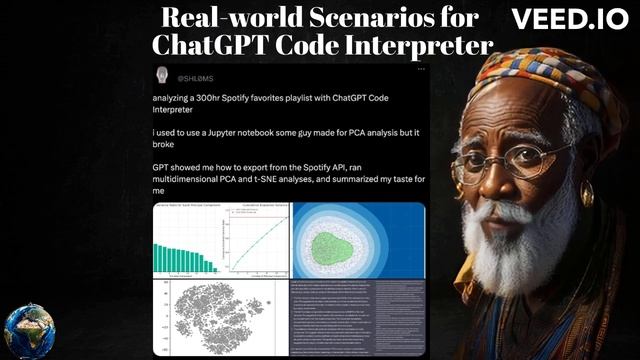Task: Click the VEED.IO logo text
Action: click(x=569, y=20)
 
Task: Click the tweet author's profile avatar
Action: click(x=162, y=76)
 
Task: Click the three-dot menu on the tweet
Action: click(x=421, y=70)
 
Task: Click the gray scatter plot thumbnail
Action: click(x=219, y=316)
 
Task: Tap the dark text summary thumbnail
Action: click(x=358, y=318)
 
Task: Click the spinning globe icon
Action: click(x=29, y=331)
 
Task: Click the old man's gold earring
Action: click(x=587, y=192)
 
